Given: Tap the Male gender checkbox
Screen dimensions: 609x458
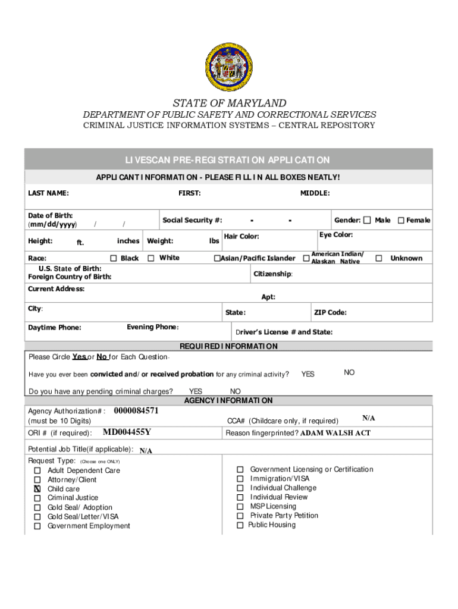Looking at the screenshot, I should point(368,220).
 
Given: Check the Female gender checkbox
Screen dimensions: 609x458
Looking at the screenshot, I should point(401,220).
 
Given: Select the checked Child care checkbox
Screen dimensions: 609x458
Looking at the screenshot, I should point(37,489).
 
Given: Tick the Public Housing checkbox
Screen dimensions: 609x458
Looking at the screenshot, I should point(240,525).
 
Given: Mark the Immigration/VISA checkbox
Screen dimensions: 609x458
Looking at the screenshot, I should point(240,479).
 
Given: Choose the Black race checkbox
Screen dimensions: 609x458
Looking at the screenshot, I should point(113,258).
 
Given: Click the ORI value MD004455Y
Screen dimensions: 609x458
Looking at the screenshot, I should point(127,432).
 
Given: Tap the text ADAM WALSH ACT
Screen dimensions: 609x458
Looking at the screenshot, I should point(335,433).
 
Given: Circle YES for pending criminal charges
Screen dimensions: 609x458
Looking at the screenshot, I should point(195,391).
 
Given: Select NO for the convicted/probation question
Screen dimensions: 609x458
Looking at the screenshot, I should point(349,372).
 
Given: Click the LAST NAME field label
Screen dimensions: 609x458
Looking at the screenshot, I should point(48,193).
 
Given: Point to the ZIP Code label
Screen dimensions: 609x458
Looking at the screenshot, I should point(330,313).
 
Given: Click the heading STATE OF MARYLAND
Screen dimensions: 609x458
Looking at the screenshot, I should point(229,103).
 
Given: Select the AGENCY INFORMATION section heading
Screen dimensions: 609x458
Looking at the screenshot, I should point(228,401).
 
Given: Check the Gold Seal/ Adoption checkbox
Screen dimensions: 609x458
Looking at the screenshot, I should point(37,507).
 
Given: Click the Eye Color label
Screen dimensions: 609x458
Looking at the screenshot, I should point(336,235).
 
